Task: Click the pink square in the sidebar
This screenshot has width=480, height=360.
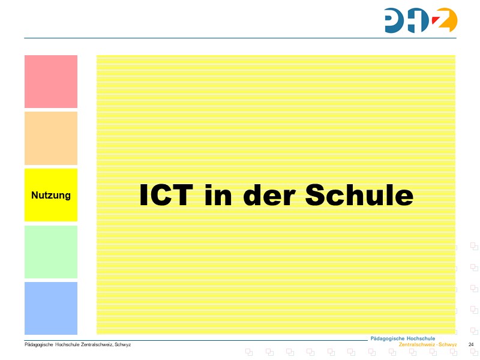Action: pos(51,82)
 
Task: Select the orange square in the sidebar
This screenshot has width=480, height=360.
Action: pos(51,138)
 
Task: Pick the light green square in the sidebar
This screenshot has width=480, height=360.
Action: pos(51,251)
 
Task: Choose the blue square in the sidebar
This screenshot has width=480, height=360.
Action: pos(51,308)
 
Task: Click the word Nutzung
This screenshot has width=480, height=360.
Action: pos(51,196)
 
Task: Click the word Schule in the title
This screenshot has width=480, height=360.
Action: pos(359,196)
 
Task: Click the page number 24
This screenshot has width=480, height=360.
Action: pos(471,344)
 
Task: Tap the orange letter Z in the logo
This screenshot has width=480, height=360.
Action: pos(445,21)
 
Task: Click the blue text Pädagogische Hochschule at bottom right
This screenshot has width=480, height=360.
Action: pos(403,338)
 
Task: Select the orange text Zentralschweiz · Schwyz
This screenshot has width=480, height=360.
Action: pos(428,345)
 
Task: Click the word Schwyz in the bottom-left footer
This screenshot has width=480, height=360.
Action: pos(124,344)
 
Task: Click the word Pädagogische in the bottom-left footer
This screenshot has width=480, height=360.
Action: pos(38,344)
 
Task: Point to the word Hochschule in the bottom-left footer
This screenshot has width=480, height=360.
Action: pos(67,344)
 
